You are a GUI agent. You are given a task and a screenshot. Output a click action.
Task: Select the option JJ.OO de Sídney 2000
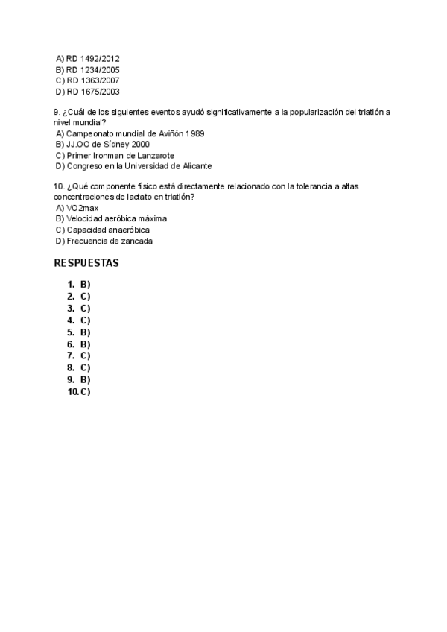[x=103, y=145]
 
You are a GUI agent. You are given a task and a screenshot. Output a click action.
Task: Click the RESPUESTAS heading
[x=87, y=264]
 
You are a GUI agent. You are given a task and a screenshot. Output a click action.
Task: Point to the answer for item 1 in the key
[x=85, y=284]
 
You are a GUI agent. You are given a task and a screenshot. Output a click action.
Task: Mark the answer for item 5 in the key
[x=85, y=332]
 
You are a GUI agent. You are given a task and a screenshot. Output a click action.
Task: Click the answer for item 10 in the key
[x=85, y=391]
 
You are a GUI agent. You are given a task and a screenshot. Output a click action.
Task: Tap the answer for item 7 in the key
[x=85, y=355]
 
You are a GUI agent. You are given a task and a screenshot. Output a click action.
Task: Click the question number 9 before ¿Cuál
[x=57, y=111]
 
